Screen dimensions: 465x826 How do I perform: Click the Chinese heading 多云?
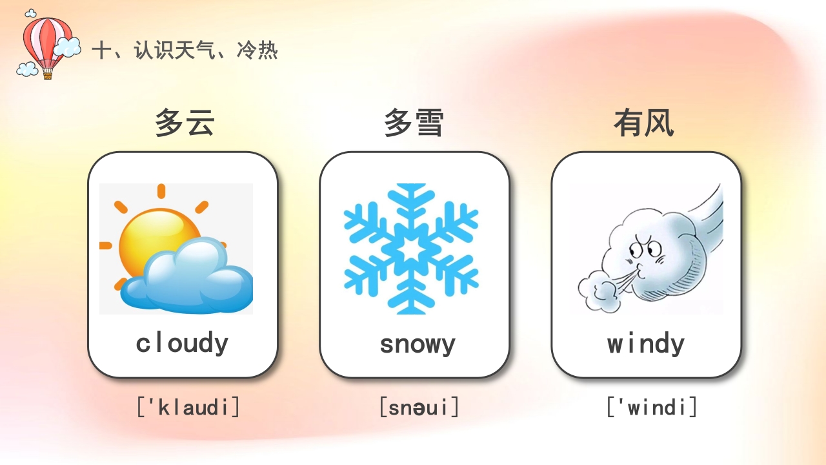[x=184, y=123]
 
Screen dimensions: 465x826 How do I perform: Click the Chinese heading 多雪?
[x=414, y=123]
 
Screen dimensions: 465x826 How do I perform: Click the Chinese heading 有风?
[x=643, y=123]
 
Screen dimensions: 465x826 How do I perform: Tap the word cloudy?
[x=182, y=343]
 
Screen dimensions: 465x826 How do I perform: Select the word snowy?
[x=417, y=344]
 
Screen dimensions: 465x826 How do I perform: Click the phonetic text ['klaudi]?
[x=188, y=407]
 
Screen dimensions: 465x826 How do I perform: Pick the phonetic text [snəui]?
[x=419, y=407]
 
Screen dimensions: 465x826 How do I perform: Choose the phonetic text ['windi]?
[x=652, y=407]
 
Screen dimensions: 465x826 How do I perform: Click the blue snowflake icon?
[x=411, y=249]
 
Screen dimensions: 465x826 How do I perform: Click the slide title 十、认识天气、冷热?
[x=185, y=50]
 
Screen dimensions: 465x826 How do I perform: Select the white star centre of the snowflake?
[x=411, y=249]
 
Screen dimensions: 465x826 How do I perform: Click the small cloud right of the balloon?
[x=68, y=46]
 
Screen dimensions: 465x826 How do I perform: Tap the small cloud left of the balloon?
[x=27, y=68]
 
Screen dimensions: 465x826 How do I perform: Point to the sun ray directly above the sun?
[x=161, y=191]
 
